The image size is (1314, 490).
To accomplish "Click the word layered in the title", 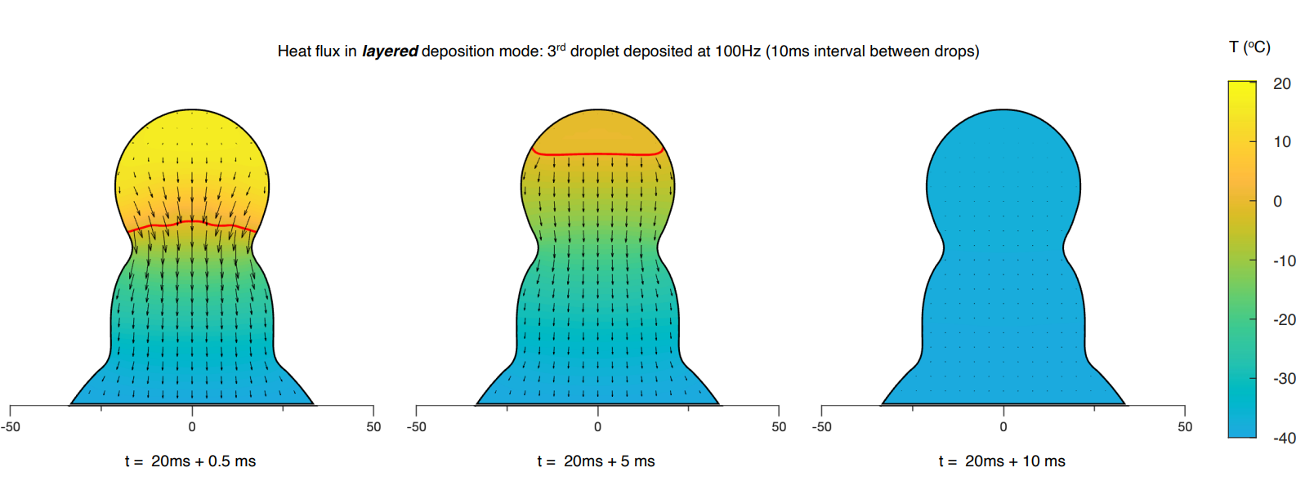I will click(390, 51).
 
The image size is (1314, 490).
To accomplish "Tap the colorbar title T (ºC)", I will click(1249, 47).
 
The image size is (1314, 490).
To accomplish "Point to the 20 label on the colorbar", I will click(1282, 84).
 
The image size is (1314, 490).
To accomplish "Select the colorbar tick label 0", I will click(1278, 202).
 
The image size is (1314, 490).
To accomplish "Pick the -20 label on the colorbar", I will click(1284, 320).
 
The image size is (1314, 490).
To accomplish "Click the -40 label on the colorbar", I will click(1284, 439).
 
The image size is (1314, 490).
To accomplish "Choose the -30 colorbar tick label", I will click(1284, 379).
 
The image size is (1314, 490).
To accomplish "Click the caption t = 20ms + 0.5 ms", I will click(190, 461).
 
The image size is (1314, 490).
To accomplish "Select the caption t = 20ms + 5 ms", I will click(596, 461).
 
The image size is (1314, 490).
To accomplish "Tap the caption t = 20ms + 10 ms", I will click(1002, 461).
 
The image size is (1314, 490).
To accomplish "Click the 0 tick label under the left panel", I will click(192, 426).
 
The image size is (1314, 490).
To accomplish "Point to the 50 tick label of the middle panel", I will click(779, 426).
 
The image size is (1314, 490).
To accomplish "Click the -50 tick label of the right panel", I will click(821, 426).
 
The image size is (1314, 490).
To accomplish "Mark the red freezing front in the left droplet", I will click(192, 222).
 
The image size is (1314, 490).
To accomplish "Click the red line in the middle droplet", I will click(597, 154).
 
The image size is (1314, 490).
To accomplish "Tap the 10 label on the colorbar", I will click(1282, 142).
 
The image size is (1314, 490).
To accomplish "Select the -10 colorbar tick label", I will click(1284, 261).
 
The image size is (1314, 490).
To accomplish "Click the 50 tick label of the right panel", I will click(1185, 426).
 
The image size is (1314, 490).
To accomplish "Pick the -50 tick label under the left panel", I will click(11, 426).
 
